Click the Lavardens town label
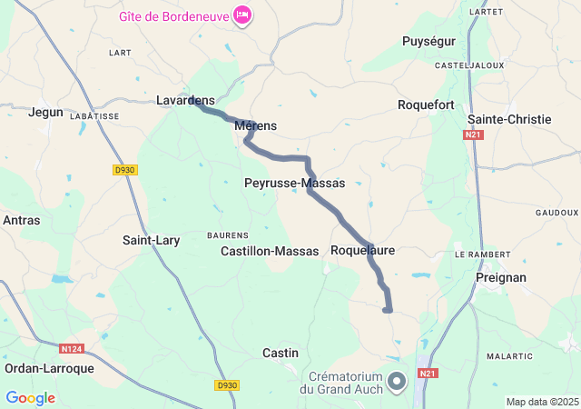pyautogui.click(x=185, y=100)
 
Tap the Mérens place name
pyautogui.click(x=255, y=126)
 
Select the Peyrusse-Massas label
pyautogui.click(x=295, y=183)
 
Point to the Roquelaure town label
pyautogui.click(x=362, y=249)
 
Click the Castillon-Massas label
pyautogui.click(x=270, y=250)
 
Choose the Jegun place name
pyautogui.click(x=46, y=112)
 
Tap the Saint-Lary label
pyautogui.click(x=151, y=241)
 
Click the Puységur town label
pyautogui.click(x=428, y=41)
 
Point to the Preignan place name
pyautogui.click(x=501, y=277)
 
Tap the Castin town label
pyautogui.click(x=280, y=352)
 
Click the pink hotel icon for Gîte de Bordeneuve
pyautogui.click(x=242, y=15)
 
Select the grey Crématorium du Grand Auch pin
pyautogui.click(x=397, y=381)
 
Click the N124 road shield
pyautogui.click(x=72, y=348)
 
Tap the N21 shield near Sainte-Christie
pyautogui.click(x=471, y=135)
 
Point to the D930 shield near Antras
pyautogui.click(x=124, y=170)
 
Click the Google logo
pyautogui.click(x=30, y=398)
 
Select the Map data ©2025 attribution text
pyautogui.click(x=542, y=402)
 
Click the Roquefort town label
pyautogui.click(x=426, y=105)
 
